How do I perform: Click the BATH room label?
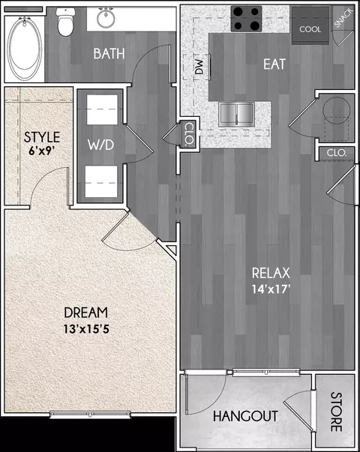pos(109,54)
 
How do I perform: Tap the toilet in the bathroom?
pos(65,22)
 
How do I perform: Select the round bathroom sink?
pos(106,18)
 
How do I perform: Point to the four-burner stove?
pos(246,19)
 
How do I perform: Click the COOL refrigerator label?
pos(310,29)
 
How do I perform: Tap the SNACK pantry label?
pos(343,18)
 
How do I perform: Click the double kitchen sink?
pos(236,114)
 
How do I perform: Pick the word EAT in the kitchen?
pos(274,64)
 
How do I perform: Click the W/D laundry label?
pos(100,145)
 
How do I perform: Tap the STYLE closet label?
pos(42,137)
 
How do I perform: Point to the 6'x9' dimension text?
pos(42,151)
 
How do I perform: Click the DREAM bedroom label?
pos(86,313)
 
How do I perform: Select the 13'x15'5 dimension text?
pos(86,329)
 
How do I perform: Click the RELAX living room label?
pos(271,274)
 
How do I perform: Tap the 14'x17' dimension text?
pos(271,289)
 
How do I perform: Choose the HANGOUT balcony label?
pos(245,416)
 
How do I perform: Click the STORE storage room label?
pos(336,412)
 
